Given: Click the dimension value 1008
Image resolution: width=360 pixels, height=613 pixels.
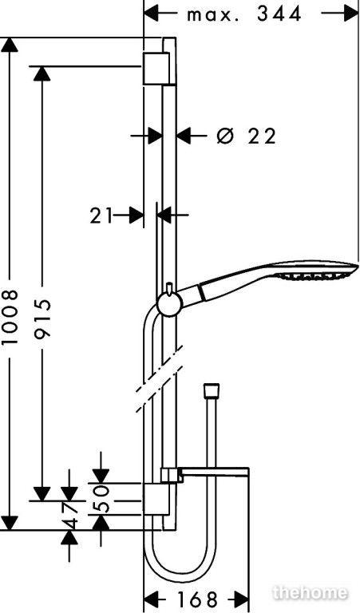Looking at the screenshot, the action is point(10,317).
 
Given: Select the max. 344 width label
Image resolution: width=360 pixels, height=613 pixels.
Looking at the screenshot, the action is point(244,15).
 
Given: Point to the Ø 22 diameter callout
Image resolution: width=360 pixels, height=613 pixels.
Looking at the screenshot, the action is point(247,136).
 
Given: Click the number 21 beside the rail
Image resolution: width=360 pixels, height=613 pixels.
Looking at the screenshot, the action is point(101,216).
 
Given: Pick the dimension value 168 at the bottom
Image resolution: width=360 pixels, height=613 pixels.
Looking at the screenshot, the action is point(197,599).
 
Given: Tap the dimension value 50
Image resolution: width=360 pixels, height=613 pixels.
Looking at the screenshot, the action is point(101,499).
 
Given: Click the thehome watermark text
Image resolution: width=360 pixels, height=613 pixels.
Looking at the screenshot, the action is point(311,593).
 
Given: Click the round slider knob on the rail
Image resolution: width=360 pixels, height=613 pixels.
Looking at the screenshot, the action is point(169,303).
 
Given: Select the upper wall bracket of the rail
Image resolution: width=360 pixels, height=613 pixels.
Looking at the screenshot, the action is point(156,68).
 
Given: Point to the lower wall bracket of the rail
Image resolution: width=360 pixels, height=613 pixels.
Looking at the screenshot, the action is point(156,499).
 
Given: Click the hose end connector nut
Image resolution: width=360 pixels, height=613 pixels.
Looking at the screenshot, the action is point(212,391).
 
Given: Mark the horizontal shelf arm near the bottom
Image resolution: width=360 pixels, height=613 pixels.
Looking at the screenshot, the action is point(213,472).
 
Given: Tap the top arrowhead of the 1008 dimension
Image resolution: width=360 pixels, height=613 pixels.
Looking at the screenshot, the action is point(10,44).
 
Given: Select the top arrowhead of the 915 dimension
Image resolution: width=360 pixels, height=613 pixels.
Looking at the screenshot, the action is point(42,73).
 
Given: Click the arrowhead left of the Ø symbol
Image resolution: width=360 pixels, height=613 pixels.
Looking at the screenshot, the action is point(184,136).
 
